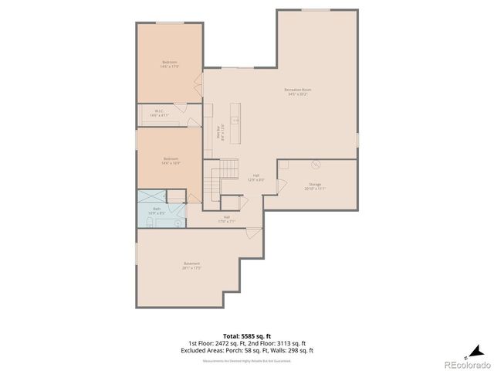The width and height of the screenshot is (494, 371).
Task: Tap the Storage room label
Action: pyautogui.click(x=315, y=187)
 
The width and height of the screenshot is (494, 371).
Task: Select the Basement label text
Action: pyautogui.click(x=192, y=265)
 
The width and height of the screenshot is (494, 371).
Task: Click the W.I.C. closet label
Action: pyautogui.click(x=158, y=113)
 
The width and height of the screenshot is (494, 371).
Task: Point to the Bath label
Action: pyautogui.click(x=157, y=209)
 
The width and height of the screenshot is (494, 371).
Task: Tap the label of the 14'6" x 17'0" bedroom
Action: pyautogui.click(x=170, y=64)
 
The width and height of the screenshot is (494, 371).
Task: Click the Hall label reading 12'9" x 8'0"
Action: pyautogui.click(x=256, y=177)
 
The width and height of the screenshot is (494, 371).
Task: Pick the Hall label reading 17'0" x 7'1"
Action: pyautogui.click(x=227, y=219)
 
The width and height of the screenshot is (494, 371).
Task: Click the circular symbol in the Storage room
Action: pyautogui.click(x=315, y=165)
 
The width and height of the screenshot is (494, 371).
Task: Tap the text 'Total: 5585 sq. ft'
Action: pyautogui.click(x=247, y=336)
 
